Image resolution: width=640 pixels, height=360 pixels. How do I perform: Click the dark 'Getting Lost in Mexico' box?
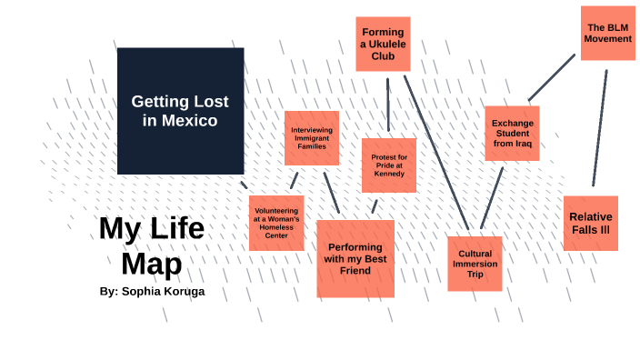coord(180,110)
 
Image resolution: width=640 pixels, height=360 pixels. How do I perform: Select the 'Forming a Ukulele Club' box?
coord(382,44)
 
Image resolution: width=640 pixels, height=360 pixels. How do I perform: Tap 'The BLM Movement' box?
coord(607,33)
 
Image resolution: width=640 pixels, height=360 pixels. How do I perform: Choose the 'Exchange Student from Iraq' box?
coord(512,133)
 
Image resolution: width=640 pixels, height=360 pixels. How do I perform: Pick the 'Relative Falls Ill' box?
coord(590,223)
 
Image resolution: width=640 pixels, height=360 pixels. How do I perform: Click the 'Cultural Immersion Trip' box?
coord(475,264)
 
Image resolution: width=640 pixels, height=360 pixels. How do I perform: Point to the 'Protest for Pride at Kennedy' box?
coord(388,165)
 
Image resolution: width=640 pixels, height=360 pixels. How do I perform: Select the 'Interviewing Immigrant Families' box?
coord(312,138)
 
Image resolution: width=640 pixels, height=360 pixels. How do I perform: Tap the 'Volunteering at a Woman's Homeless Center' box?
coord(276,223)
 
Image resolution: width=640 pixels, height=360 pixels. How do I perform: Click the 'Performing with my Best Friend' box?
coord(355,258)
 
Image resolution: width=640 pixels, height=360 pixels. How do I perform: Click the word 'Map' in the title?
coord(152,263)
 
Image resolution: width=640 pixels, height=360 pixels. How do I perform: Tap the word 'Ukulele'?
coord(382,44)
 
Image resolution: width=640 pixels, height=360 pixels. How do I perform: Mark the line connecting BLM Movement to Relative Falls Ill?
coord(600,127)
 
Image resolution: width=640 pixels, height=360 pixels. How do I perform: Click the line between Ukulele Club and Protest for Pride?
coord(388,105)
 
